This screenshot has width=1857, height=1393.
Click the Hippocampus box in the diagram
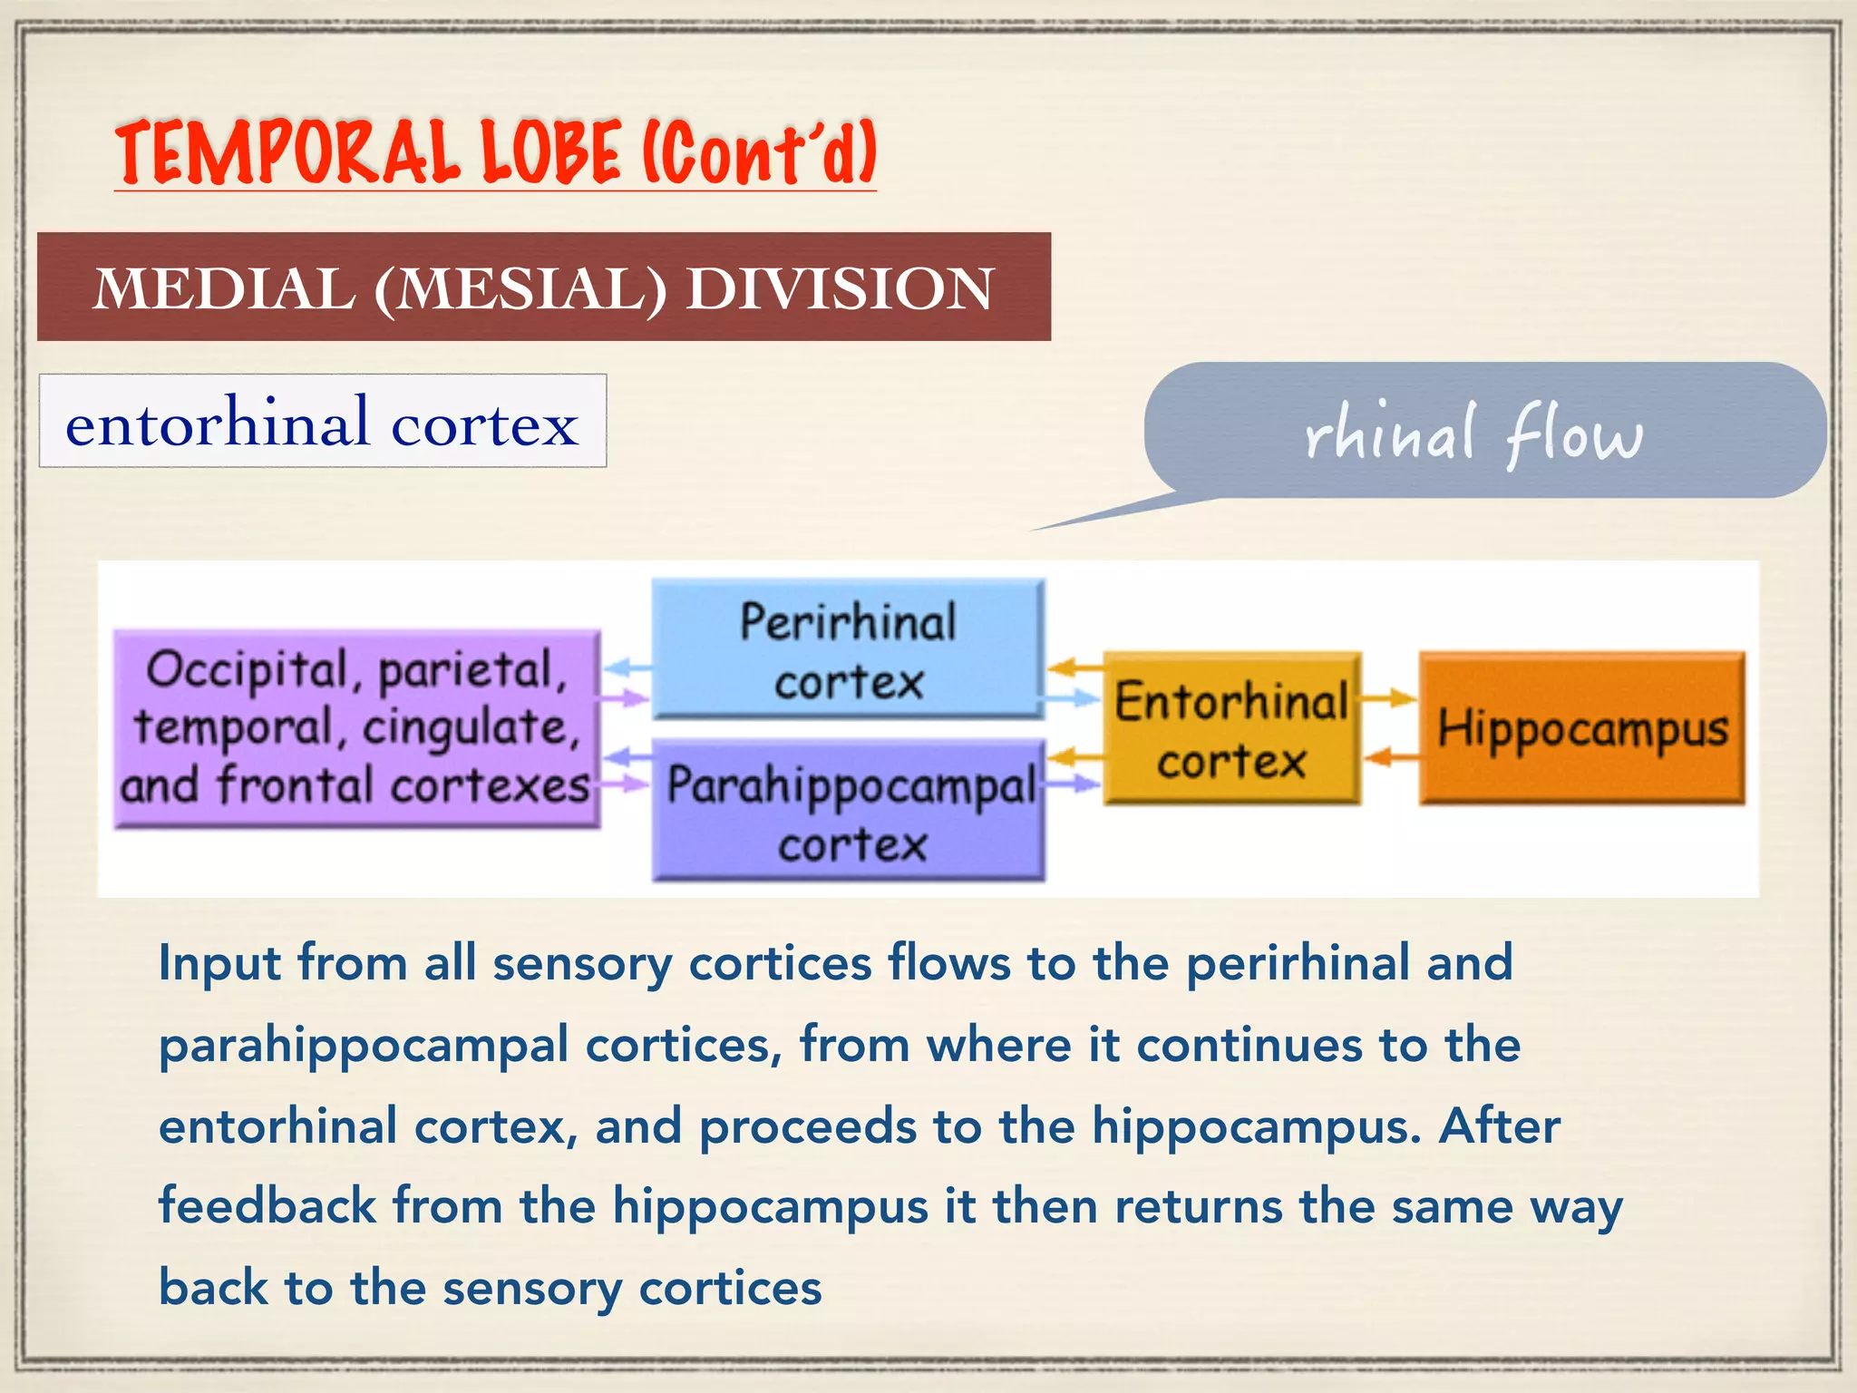[1581, 727]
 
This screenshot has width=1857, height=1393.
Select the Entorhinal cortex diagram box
[1231, 727]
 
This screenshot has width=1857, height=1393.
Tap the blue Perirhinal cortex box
[848, 649]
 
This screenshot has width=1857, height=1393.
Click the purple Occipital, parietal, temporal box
[356, 728]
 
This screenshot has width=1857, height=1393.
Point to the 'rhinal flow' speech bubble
[1483, 432]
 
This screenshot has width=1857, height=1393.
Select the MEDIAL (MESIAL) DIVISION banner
[544, 287]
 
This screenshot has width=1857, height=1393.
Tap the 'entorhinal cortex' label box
[323, 422]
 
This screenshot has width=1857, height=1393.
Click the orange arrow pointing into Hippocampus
[1390, 698]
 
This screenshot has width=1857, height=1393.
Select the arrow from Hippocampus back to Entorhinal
[1390, 755]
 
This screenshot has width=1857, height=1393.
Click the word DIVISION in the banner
[840, 289]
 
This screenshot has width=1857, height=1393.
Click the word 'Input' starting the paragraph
[219, 962]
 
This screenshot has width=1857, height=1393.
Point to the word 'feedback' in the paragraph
[267, 1206]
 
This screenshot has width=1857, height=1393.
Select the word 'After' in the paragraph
[1500, 1126]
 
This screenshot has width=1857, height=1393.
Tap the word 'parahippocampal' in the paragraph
[364, 1046]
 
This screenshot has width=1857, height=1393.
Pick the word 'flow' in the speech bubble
[1574, 435]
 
